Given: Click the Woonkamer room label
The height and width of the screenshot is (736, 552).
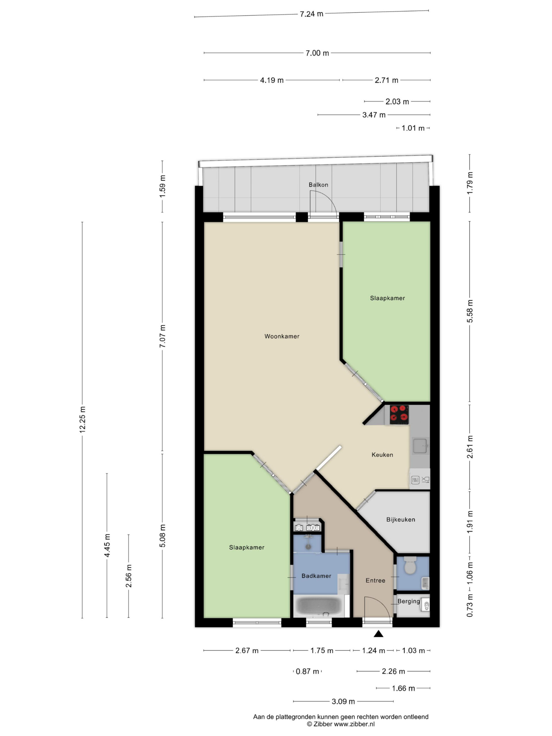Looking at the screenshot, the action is point(282,336).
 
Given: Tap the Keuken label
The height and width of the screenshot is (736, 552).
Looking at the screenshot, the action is point(382,455).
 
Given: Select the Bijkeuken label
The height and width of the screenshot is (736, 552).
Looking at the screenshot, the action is point(400,520).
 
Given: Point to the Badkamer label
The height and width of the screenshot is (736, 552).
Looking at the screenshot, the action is point(316,576).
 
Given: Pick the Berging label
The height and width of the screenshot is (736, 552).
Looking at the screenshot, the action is point(409,601).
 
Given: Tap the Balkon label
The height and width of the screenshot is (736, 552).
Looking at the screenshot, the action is point(319,185).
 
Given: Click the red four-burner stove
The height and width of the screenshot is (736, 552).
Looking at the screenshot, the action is point(399,415).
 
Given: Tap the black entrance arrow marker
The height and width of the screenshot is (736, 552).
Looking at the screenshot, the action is point(378,634).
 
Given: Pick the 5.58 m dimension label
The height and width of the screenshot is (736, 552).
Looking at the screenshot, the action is point(470,311).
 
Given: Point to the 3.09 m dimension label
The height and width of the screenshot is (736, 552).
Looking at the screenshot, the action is point(343,702).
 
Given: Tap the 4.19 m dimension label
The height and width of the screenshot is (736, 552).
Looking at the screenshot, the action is point(272,80).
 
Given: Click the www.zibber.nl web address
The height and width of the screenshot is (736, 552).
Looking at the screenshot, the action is point(354,724).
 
